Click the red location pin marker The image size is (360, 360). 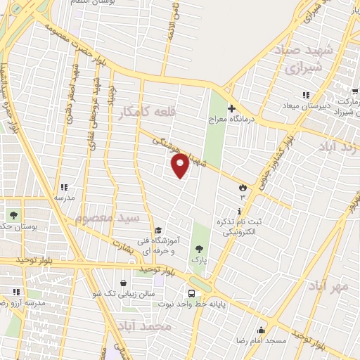tap(181, 165)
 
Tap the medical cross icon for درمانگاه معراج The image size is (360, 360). tap(231, 108)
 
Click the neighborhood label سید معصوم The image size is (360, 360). tap(105, 218)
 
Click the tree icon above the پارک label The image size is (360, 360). tap(200, 248)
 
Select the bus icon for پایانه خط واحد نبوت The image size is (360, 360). tap(191, 293)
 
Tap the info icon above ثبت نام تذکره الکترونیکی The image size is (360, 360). tap(240, 211)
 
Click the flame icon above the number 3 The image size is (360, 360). tap(243, 188)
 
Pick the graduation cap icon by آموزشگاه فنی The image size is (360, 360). tap(159, 230)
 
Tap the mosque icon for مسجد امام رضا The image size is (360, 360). tap(262, 330)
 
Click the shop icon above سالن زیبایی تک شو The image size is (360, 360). tap(124, 283)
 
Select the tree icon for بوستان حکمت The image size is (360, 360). tap(13, 214)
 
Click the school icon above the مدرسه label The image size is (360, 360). tap(64, 187)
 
